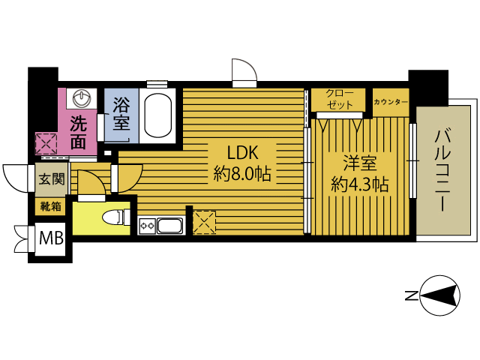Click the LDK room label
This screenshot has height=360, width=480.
(243, 152)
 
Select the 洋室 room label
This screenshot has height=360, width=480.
(360, 163)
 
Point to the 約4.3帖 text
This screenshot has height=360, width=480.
(360, 184)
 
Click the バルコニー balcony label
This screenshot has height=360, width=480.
(442, 170)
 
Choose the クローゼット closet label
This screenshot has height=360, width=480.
(339, 99)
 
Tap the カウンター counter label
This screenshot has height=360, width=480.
(391, 102)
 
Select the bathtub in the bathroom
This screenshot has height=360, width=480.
(158, 115)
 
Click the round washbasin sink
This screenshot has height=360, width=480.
(82, 98)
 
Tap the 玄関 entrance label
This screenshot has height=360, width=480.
(52, 178)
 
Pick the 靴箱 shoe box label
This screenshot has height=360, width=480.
(51, 207)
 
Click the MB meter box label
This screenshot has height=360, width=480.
(51, 238)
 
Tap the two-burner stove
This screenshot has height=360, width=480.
(147, 226)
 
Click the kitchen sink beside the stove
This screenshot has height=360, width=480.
(169, 226)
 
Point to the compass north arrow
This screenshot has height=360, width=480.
(439, 295)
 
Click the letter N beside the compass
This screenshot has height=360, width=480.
(412, 295)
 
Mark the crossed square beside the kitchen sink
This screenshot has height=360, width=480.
(204, 223)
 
